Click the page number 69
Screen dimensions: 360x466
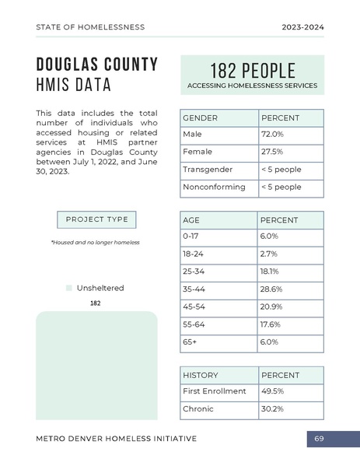click(x=319, y=440)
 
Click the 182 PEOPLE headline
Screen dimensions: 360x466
click(x=252, y=68)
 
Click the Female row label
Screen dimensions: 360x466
click(x=197, y=152)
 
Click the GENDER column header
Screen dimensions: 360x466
click(x=200, y=118)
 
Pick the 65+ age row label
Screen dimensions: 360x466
click(x=190, y=342)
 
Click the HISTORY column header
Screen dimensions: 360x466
click(x=201, y=375)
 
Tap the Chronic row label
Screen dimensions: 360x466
click(x=197, y=409)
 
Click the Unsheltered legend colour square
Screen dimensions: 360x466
click(x=68, y=289)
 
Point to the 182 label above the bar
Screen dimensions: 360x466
click(x=96, y=303)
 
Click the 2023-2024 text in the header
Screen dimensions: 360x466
click(x=302, y=27)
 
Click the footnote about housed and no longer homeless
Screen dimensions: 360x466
click(x=95, y=243)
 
